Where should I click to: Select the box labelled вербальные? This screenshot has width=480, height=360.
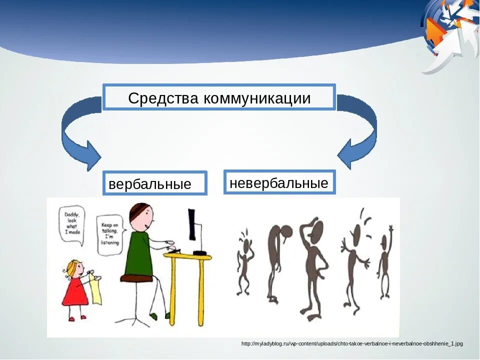[154, 183]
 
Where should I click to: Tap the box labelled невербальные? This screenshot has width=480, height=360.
[279, 182]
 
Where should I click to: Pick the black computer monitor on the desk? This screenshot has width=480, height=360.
[192, 225]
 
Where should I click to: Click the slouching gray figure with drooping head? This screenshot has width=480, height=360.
[274, 260]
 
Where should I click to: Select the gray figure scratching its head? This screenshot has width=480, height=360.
[312, 265]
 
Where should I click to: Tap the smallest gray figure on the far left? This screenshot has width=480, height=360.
[244, 260]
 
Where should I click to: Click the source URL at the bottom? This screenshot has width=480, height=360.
[352, 343]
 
